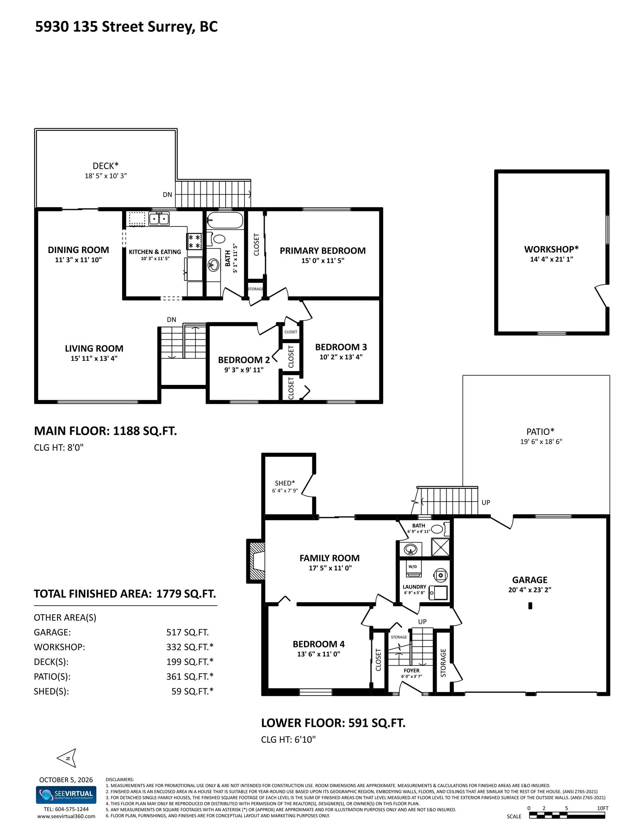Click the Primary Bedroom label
(x=323, y=250)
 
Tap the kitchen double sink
(x=159, y=219)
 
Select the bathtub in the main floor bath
(x=225, y=220)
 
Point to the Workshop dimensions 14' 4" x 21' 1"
(x=551, y=259)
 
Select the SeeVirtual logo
(x=66, y=795)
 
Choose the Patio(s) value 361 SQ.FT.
(x=190, y=676)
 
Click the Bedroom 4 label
(x=318, y=644)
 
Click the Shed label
(x=285, y=483)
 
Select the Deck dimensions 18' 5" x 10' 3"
(x=106, y=176)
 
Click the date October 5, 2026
(x=66, y=780)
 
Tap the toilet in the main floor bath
(x=219, y=239)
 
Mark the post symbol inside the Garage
(x=530, y=606)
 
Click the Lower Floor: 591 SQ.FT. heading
(x=333, y=723)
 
